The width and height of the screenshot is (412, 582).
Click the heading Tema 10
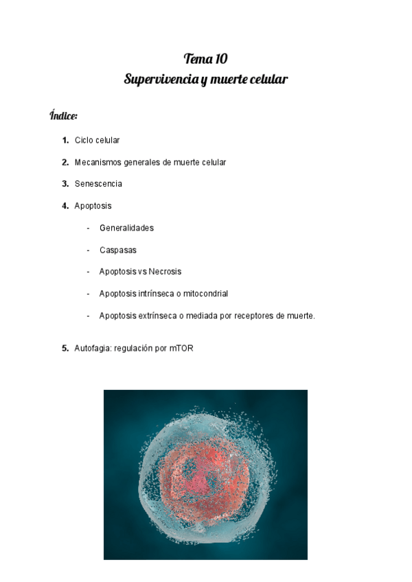coord(205,58)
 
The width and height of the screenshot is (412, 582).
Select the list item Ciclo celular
coord(97,141)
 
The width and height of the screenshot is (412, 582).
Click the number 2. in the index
coord(65,163)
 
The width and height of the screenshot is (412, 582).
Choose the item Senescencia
coord(98,184)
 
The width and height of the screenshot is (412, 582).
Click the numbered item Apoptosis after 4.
coord(93,206)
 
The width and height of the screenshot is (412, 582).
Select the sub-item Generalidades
coord(126,228)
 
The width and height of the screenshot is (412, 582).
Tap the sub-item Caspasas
coord(118,250)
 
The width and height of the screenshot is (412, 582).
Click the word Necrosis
coord(165,272)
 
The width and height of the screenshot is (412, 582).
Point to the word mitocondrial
coord(205,294)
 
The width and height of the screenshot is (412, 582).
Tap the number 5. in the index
coord(65,349)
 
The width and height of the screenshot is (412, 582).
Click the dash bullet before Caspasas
coord(88,250)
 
